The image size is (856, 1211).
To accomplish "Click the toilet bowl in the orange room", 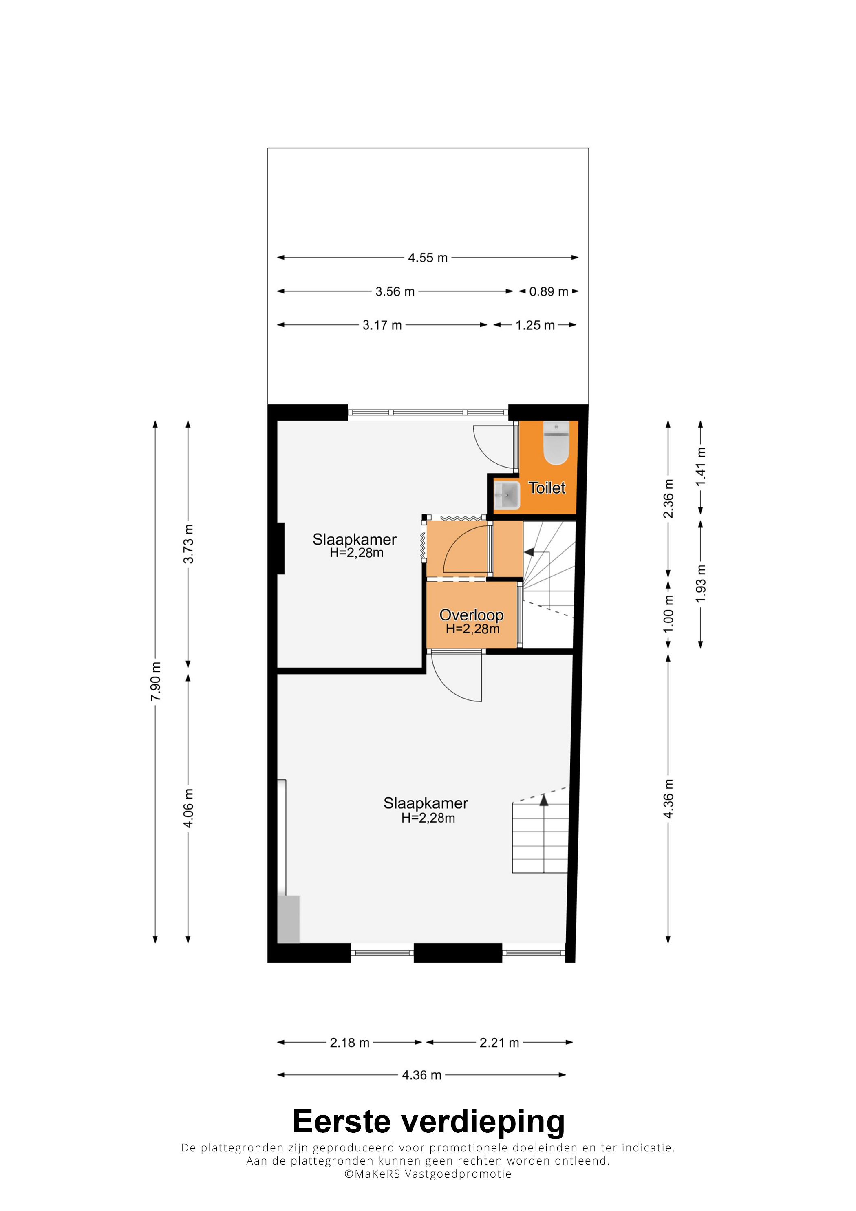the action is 556,443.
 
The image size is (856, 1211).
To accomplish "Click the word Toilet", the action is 547,488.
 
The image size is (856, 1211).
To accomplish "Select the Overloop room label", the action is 472,615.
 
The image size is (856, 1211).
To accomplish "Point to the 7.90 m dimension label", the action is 156,682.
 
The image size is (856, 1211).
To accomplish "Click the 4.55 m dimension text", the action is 428,258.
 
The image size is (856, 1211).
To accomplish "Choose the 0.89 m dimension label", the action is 549,292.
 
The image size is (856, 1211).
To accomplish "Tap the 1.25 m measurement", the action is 535,325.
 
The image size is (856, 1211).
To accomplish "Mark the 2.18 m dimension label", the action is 350,1043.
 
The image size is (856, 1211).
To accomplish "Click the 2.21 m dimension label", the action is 499,1043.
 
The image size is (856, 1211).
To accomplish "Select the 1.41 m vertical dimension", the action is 700,467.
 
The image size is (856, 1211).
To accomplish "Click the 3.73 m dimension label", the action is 188,544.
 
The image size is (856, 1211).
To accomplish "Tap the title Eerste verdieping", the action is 428,1122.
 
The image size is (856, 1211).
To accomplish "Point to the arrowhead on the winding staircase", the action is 528,552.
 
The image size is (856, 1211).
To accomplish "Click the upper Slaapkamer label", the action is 355,540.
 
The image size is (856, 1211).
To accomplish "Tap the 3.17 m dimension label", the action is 382,325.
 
